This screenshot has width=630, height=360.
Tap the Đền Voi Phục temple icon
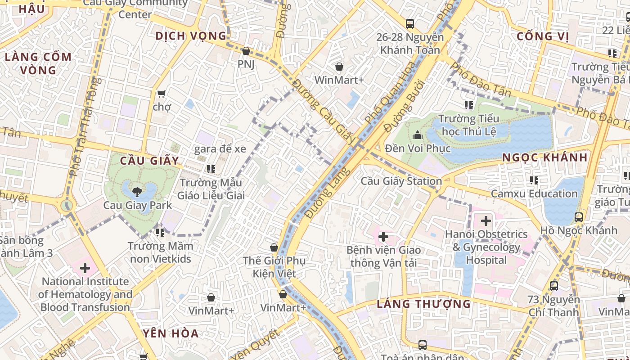point(418,135)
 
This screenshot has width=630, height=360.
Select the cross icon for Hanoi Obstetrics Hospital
point(486,221)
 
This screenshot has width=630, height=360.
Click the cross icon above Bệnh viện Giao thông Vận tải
point(383,237)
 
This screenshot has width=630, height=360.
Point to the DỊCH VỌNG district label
point(191,36)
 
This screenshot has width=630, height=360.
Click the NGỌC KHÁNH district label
point(545,157)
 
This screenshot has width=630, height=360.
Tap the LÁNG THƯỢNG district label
point(423,304)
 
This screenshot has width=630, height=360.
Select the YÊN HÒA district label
point(171,333)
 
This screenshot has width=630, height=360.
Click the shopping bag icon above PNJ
point(246,51)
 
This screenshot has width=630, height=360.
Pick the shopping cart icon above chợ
point(161,94)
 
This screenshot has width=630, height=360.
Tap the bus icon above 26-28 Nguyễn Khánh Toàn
point(409,24)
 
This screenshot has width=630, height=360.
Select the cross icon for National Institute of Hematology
point(85,269)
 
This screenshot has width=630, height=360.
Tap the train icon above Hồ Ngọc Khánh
point(579,217)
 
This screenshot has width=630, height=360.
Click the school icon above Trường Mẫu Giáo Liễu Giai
point(211,169)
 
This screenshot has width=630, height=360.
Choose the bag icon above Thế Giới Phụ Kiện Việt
point(274,247)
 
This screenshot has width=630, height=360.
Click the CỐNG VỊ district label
point(543,36)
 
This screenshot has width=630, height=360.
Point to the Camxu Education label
point(534,194)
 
